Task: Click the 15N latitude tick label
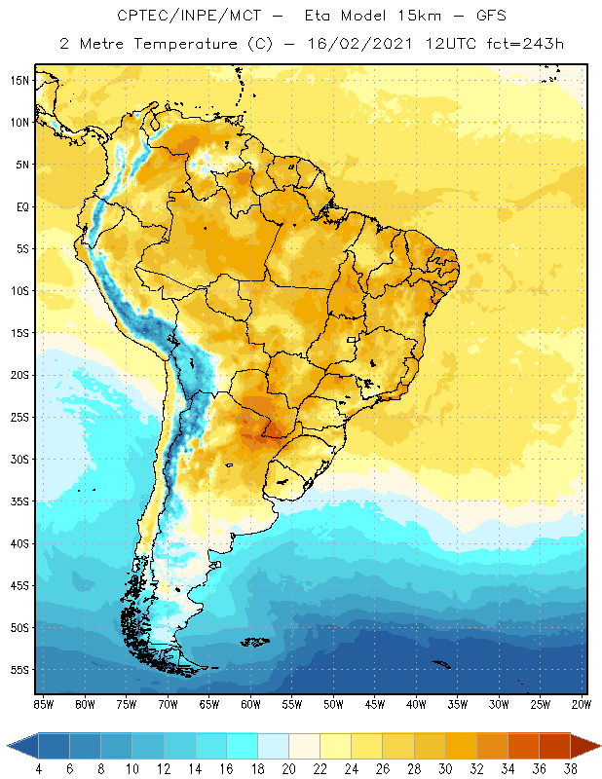tap(19, 80)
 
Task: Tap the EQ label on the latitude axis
tap(21, 206)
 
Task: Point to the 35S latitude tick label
tap(19, 501)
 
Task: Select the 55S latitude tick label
tap(19, 670)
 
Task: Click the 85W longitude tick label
tap(43, 703)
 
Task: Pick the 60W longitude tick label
tap(251, 703)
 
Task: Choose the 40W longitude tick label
tap(418, 703)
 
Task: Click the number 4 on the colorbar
tap(38, 768)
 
